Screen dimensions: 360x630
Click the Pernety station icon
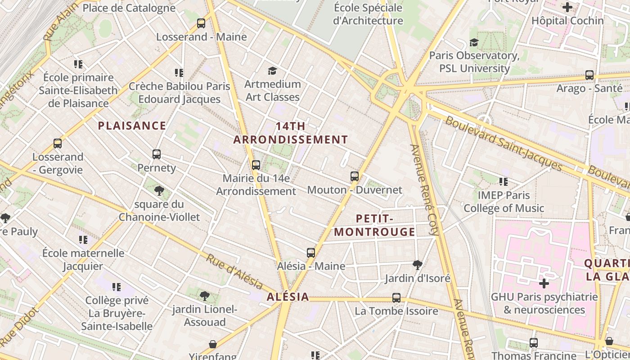click(x=157, y=154)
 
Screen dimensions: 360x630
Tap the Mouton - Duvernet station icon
click(x=355, y=176)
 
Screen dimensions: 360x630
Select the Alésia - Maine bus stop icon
click(x=311, y=253)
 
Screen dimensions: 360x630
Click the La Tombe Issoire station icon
click(x=396, y=298)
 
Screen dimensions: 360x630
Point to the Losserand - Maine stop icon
click(x=201, y=23)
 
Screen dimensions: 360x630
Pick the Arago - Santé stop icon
click(x=589, y=75)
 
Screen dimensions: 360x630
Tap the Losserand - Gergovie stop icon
click(x=58, y=144)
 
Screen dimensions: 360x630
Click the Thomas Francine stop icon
click(x=534, y=343)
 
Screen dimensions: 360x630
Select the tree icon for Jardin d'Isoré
click(x=418, y=265)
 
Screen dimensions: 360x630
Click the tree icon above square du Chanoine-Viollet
click(x=159, y=191)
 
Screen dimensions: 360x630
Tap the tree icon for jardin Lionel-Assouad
click(x=205, y=296)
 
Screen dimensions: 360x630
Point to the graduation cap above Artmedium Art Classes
click(x=272, y=71)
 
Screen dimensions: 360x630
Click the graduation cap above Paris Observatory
click(x=474, y=42)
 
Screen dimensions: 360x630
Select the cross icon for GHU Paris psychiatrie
click(x=544, y=283)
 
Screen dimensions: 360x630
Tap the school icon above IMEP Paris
click(x=504, y=182)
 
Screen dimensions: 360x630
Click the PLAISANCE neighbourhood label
click(x=132, y=126)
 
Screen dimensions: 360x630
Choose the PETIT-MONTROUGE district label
click(x=375, y=225)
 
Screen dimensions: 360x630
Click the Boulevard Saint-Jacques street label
click(x=504, y=144)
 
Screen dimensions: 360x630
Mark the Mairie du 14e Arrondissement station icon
click(x=256, y=165)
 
